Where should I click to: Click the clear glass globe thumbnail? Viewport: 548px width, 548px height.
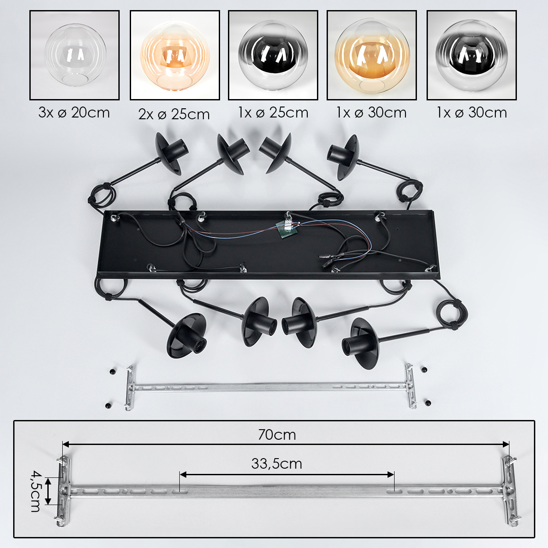75,55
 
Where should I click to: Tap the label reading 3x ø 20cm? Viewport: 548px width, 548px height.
74,113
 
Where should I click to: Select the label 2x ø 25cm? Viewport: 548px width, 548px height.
174,114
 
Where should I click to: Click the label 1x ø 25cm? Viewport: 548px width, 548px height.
273,113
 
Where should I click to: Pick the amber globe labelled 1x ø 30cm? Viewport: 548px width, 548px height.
372,55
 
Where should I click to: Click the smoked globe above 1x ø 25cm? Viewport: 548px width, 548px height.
273,55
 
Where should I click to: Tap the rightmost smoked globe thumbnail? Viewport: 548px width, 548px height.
472,55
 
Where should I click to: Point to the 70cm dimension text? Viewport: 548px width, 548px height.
277,435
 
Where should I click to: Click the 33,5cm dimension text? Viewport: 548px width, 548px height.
277,464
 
